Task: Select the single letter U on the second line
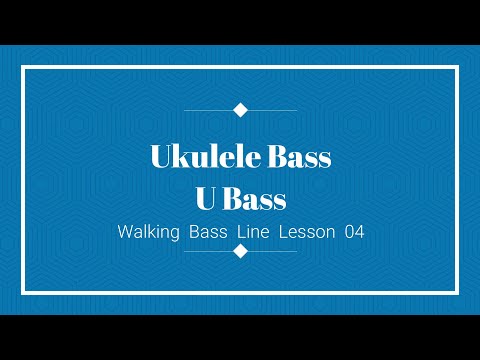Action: click(205, 199)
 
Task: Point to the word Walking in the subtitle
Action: click(148, 232)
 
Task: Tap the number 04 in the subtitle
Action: click(353, 232)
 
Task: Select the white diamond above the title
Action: click(240, 110)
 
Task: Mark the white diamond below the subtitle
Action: click(240, 251)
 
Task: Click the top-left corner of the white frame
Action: click(23, 67)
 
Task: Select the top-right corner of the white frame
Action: click(457, 67)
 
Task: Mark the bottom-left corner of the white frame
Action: click(23, 293)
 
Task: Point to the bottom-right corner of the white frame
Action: click(457, 293)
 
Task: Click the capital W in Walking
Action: click(124, 232)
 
